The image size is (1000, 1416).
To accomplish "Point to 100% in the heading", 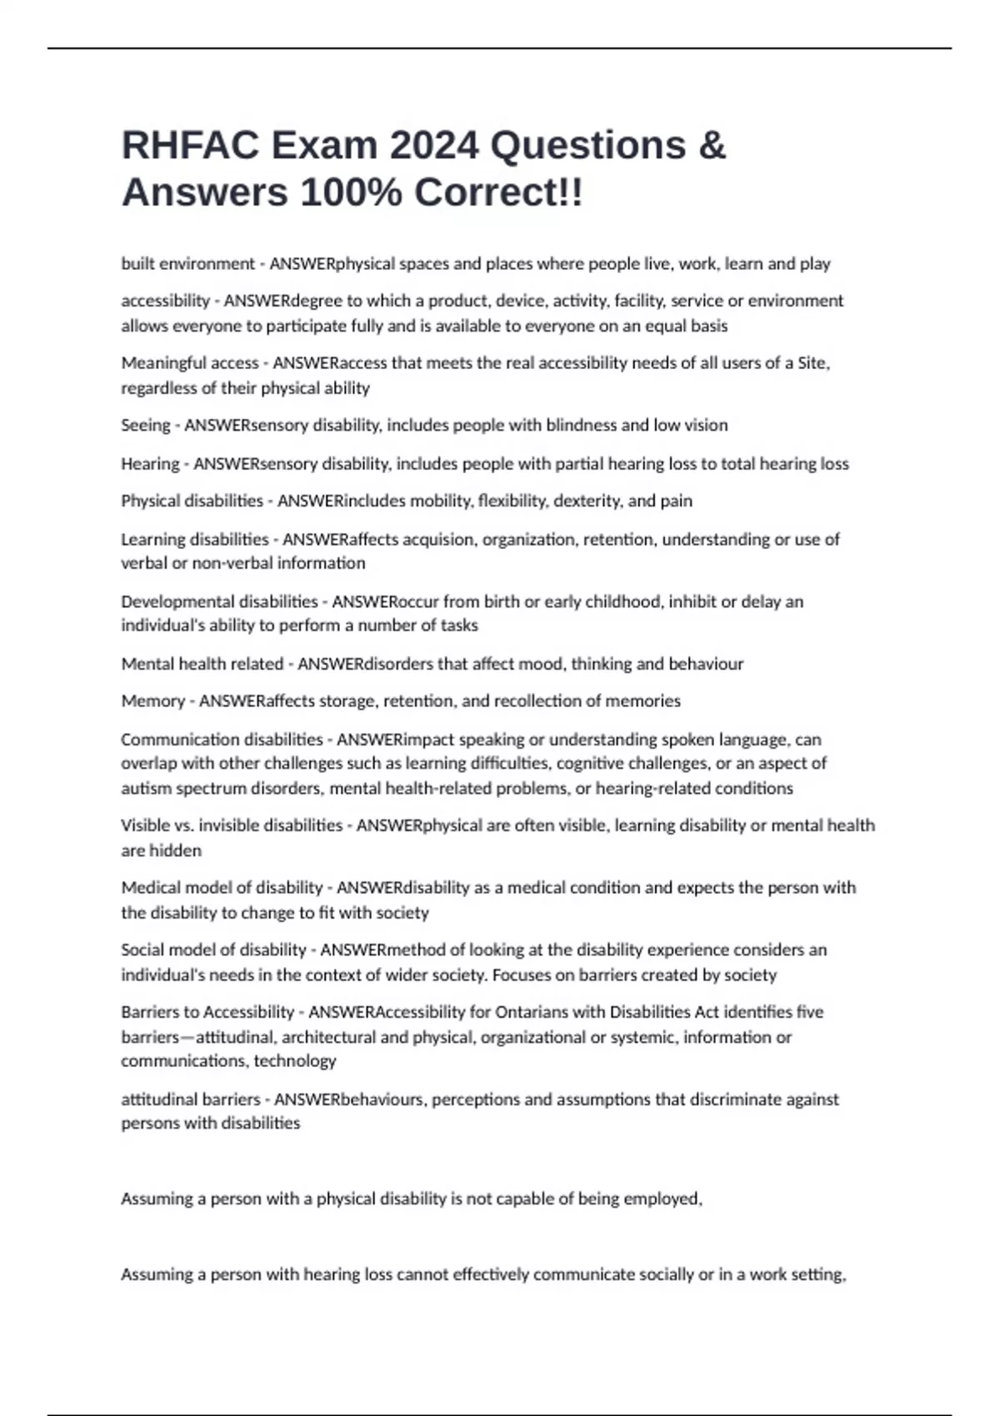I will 352,193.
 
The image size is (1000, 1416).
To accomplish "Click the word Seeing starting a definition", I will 146,426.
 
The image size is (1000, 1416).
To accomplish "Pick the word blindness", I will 581,426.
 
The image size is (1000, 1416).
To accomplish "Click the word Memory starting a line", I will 152,701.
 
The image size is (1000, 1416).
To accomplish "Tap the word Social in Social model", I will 143,950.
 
